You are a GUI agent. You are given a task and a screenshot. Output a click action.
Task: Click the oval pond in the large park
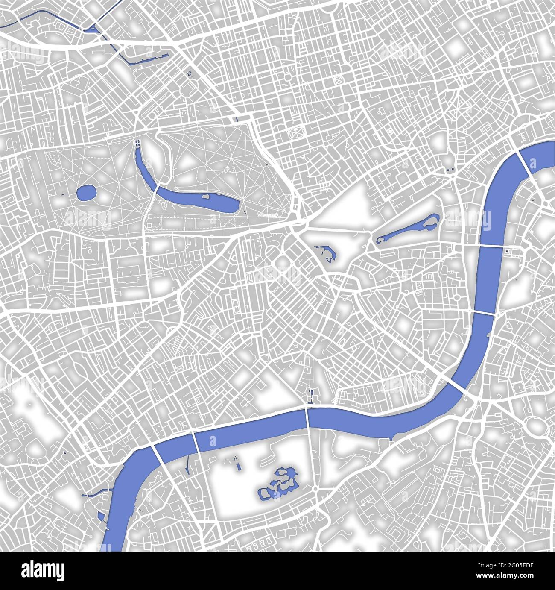(x=87, y=193)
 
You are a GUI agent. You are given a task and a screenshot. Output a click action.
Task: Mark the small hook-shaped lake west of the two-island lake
(x=328, y=253)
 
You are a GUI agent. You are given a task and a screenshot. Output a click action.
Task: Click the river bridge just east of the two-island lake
(x=492, y=247)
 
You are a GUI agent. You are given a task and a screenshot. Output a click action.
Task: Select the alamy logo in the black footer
(x=43, y=571)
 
